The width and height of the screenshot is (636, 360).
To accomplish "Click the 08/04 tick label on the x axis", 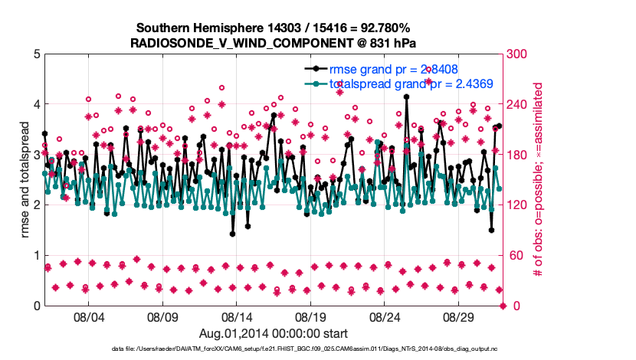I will tap(88, 317).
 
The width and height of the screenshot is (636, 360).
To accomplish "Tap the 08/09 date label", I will tap(162, 317).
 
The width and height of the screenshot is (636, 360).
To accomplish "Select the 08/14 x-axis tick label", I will tap(237, 317).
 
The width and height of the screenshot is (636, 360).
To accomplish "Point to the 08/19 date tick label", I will tap(311, 317).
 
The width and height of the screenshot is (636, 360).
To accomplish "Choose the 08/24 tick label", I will tap(385, 317).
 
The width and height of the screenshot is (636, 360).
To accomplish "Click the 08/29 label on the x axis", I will tap(460, 317).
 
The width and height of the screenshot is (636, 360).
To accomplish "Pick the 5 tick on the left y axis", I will tap(36, 54).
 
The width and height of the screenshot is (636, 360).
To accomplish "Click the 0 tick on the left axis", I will tap(36, 306).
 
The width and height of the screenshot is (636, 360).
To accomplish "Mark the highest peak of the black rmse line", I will tap(406, 97).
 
